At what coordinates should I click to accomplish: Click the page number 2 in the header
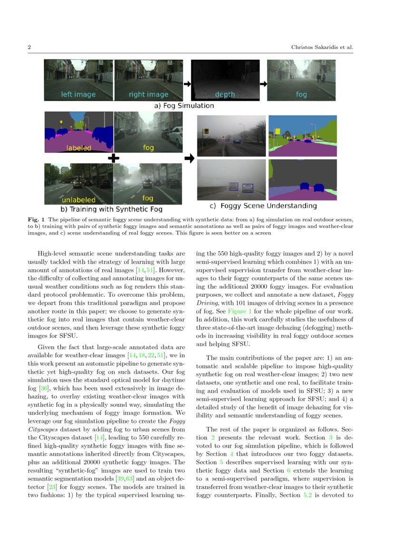pos(29,48)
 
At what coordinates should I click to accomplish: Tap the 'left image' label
pos(78,94)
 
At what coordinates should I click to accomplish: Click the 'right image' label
pos(148,94)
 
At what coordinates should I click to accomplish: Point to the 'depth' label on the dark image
pos(225,94)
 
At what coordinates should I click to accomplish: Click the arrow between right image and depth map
pos(187,84)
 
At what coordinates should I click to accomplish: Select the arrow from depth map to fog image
pos(263,84)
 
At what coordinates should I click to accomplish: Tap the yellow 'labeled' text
pos(78,148)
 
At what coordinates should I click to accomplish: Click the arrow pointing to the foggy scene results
pos(189,158)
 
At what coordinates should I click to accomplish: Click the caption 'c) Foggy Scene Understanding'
pos(263,206)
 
